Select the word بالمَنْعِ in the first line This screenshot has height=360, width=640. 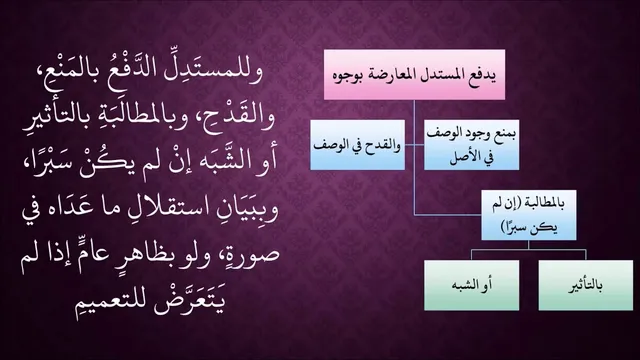61,68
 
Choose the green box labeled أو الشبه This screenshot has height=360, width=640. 472,285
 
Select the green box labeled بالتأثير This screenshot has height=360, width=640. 586,285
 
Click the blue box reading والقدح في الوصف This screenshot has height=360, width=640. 358,144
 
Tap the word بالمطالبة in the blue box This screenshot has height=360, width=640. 545,205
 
